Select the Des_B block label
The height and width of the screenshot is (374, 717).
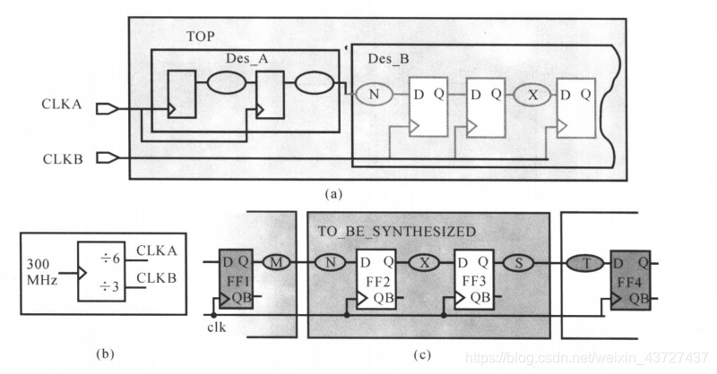point(389,59)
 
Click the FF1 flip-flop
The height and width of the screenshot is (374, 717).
point(237,278)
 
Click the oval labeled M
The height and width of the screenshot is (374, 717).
point(277,263)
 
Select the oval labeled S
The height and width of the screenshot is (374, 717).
point(519,263)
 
